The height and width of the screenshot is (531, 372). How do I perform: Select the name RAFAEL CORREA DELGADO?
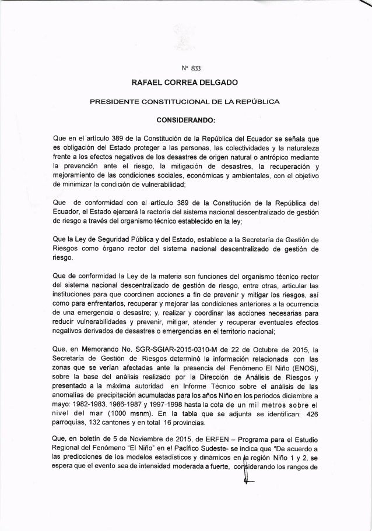[185, 83]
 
